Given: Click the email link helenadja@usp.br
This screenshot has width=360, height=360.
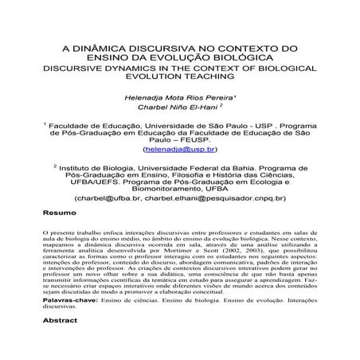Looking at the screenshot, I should click(179, 149).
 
